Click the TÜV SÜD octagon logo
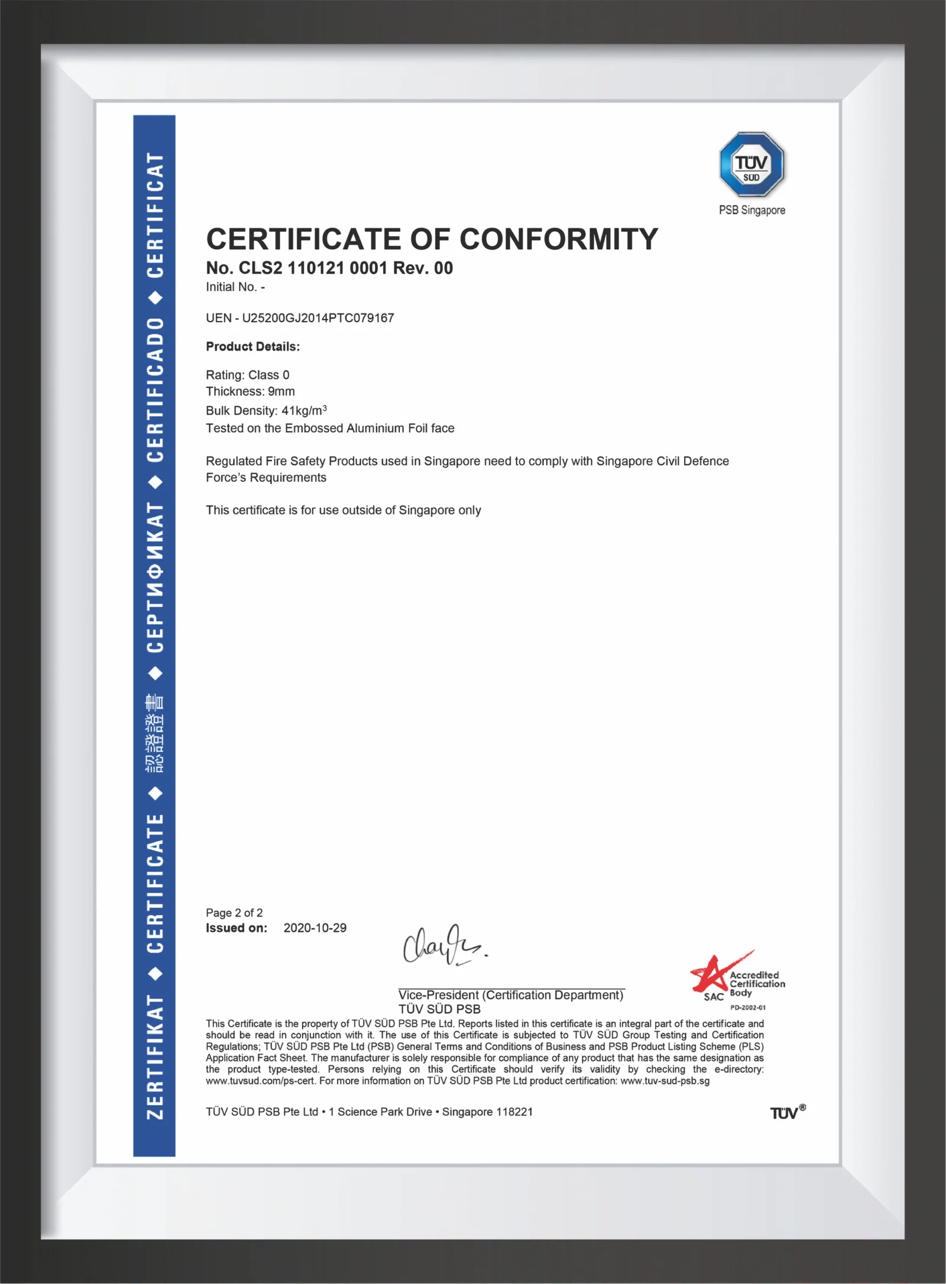click(x=751, y=165)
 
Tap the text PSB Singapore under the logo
click(x=751, y=210)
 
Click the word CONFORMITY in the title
click(x=558, y=239)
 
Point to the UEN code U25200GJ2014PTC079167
click(x=318, y=318)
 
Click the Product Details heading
click(x=252, y=346)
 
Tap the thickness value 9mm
click(x=281, y=391)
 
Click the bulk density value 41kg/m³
click(x=304, y=410)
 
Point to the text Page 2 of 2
click(x=234, y=913)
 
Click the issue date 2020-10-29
click(x=315, y=928)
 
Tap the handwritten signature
click(x=444, y=946)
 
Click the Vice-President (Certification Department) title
click(x=511, y=995)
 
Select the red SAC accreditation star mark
click(x=712, y=974)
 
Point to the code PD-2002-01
click(x=748, y=1008)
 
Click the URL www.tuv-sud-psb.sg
click(x=665, y=1081)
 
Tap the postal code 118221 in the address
click(x=514, y=1112)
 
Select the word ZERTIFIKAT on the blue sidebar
click(x=155, y=1057)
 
